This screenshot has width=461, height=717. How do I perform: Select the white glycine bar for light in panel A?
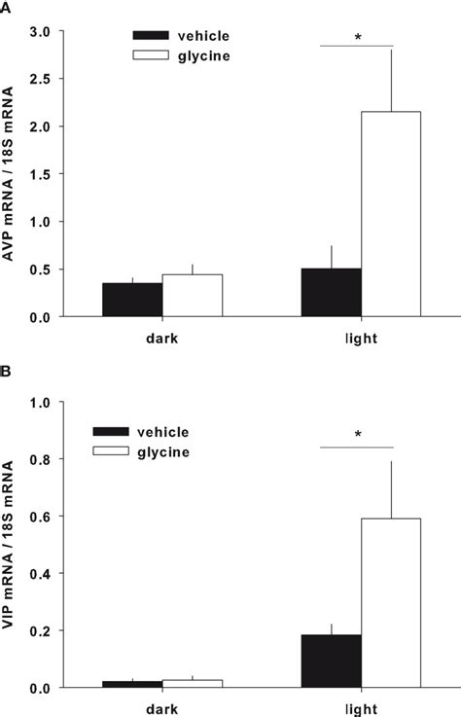(391, 214)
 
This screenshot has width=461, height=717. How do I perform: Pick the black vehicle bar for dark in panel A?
(132, 300)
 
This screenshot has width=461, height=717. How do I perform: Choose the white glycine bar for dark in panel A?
(193, 296)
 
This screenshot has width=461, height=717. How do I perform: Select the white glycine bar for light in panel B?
(391, 602)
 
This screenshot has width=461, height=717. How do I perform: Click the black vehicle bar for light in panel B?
(331, 661)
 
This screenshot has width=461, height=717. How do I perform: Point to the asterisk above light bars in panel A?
(357, 39)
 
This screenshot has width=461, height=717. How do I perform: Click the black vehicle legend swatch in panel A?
(151, 36)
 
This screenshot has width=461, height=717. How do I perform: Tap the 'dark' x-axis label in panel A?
(162, 341)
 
